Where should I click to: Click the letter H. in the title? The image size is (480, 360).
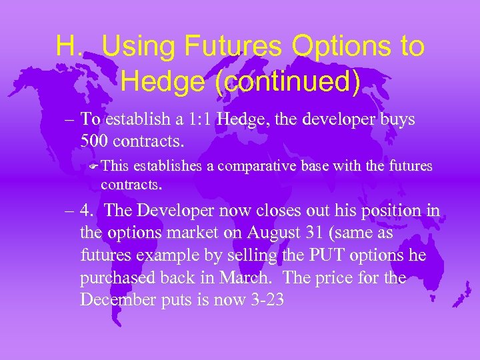69,46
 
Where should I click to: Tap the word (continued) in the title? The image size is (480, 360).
241,81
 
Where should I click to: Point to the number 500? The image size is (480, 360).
95,141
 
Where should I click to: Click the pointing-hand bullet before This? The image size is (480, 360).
93,166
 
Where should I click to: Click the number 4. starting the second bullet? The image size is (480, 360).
89,211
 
